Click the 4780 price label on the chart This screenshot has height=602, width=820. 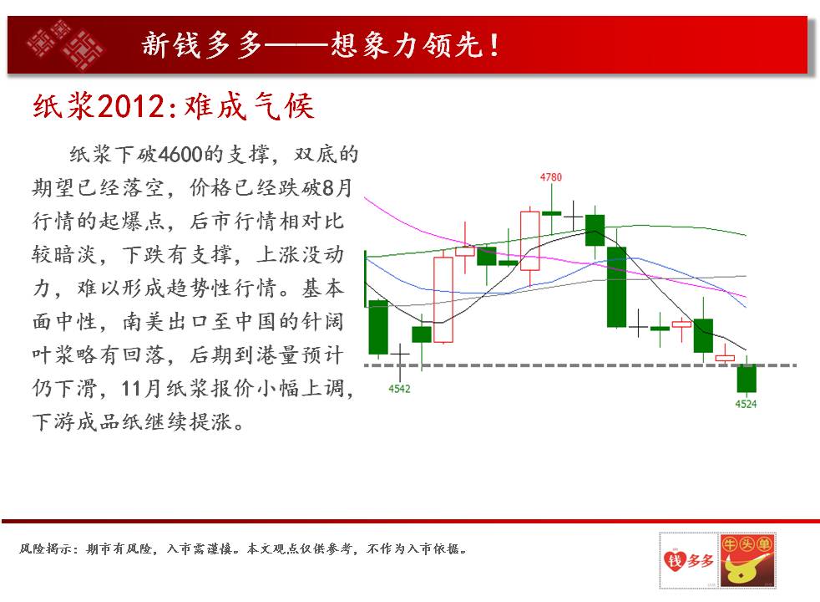(550, 177)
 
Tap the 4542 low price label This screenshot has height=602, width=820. (399, 389)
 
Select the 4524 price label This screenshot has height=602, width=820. (746, 404)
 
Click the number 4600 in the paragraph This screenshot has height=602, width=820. (180, 154)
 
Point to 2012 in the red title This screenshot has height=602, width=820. (131, 106)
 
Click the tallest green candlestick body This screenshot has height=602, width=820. (616, 287)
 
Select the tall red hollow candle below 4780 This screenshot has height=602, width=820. (529, 241)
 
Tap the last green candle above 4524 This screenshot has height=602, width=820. (747, 379)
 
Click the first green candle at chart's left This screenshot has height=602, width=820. (378, 327)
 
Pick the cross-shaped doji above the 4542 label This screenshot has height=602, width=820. (400, 356)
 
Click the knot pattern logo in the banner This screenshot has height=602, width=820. (65, 44)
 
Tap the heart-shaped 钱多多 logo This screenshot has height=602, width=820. (689, 561)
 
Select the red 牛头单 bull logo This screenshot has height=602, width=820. (747, 561)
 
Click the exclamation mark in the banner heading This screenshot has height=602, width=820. (494, 45)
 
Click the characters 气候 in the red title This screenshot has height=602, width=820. (284, 106)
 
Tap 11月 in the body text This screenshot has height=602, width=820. (141, 389)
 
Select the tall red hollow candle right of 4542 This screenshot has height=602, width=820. (443, 300)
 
